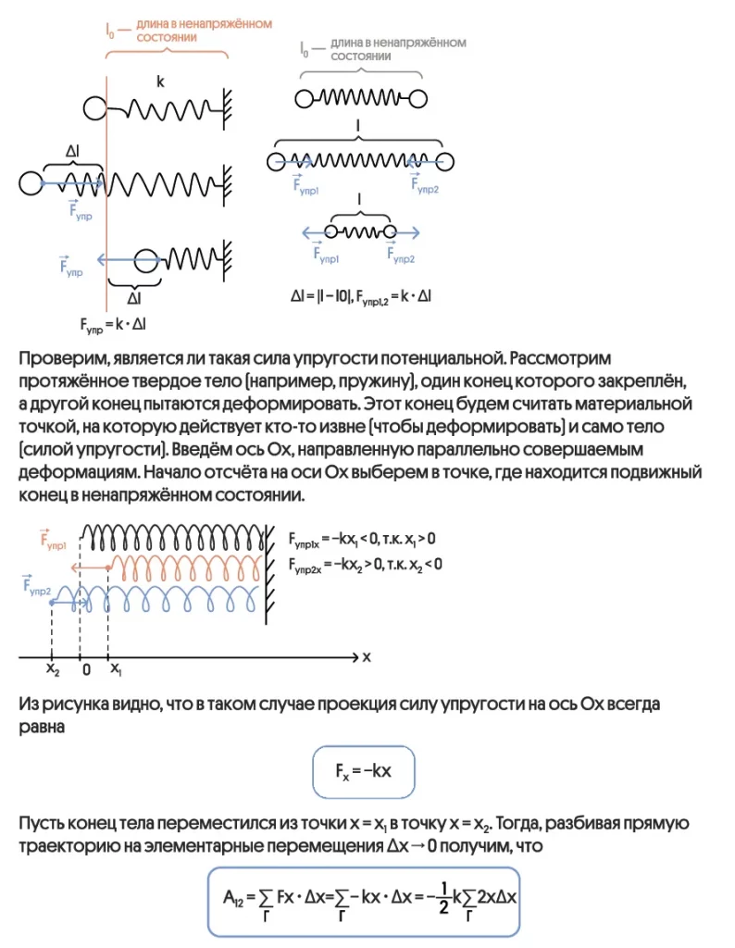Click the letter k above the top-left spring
pyautogui.click(x=160, y=82)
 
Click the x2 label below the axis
pyautogui.click(x=53, y=668)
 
